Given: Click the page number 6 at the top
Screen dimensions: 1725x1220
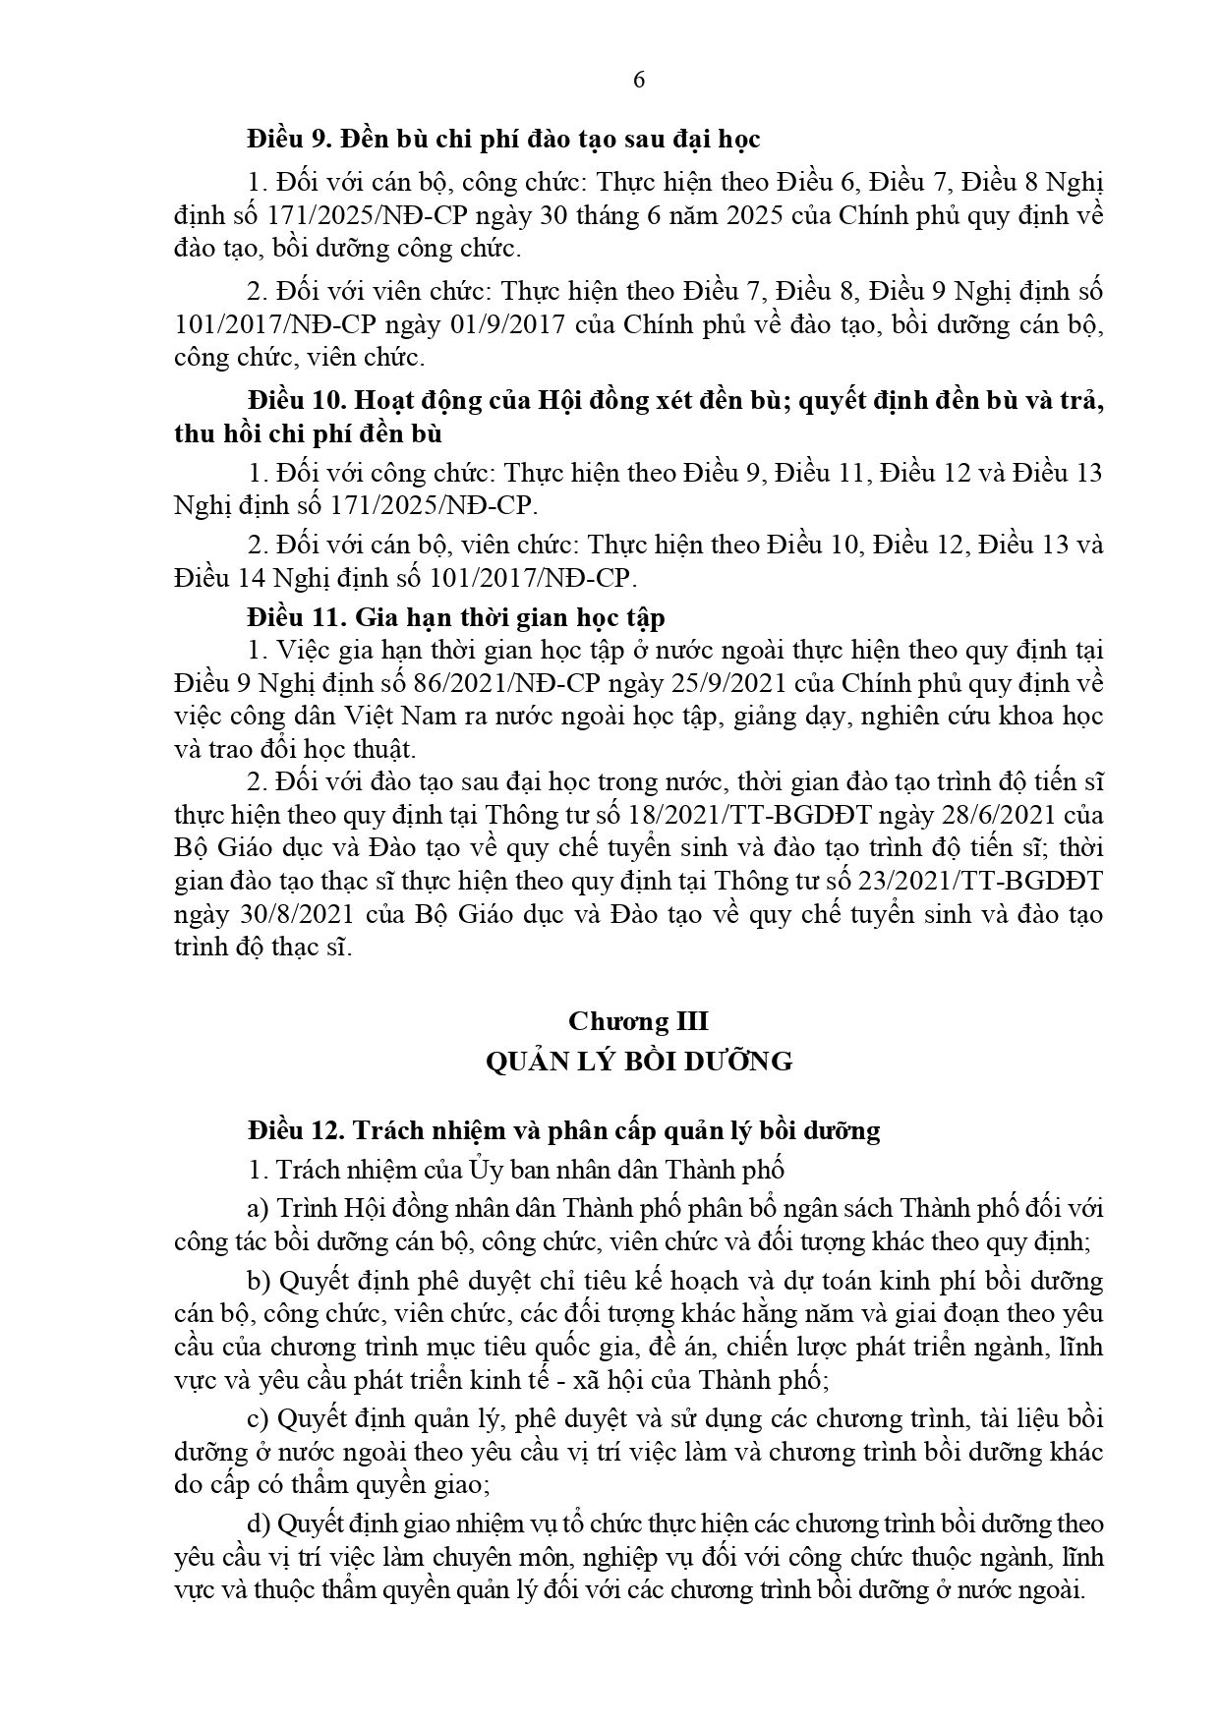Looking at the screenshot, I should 639,82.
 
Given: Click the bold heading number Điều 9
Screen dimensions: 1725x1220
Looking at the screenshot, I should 286,140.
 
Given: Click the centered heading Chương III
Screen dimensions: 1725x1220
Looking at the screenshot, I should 638,1021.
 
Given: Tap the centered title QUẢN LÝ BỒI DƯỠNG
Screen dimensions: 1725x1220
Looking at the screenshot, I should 638,1062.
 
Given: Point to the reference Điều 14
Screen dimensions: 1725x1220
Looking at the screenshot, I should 209,576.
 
